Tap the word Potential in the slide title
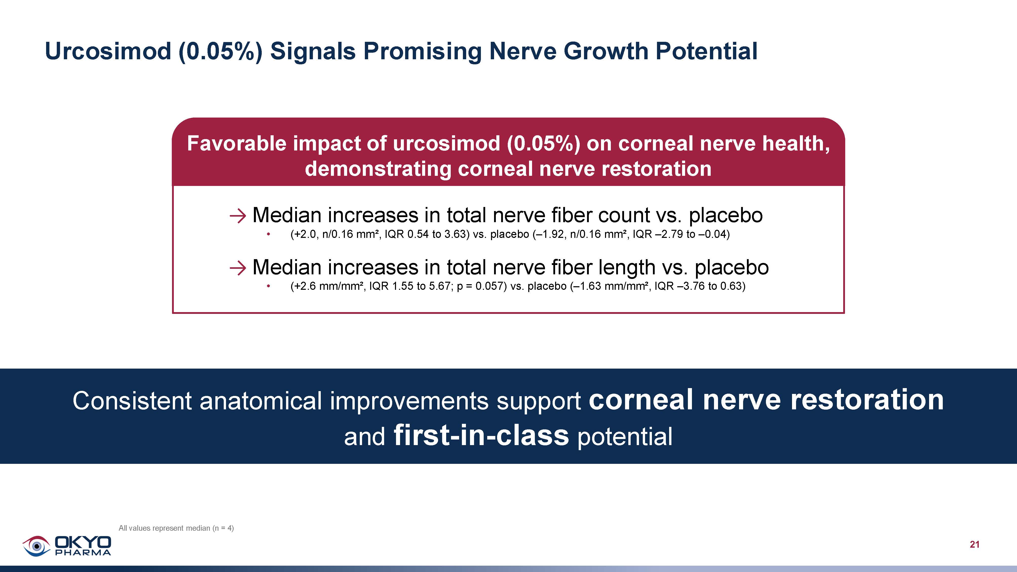(x=706, y=51)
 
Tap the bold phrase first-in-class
(x=481, y=435)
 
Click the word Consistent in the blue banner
(x=132, y=401)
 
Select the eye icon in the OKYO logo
(x=36, y=546)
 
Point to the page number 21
(x=974, y=545)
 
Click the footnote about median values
(x=176, y=528)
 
